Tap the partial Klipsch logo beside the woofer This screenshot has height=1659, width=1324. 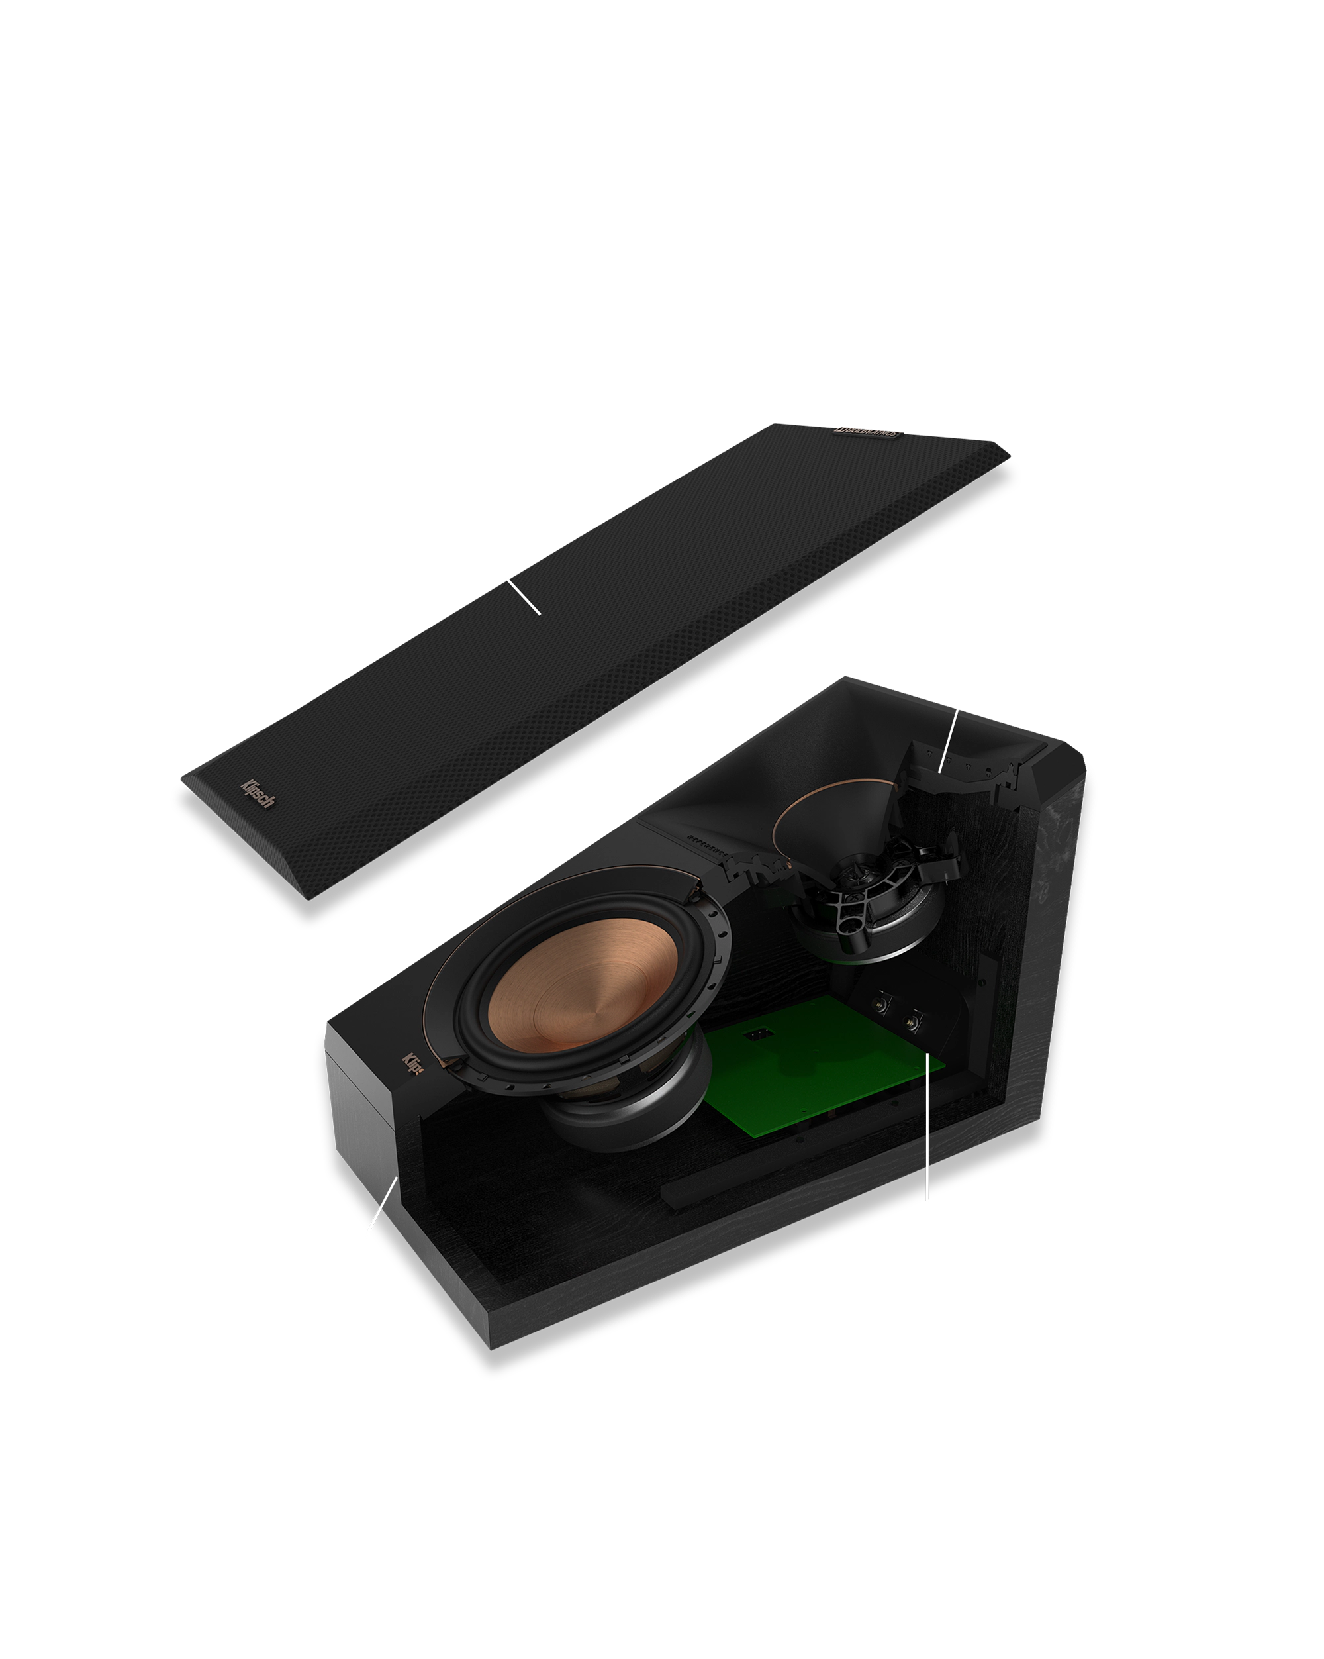(413, 1065)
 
